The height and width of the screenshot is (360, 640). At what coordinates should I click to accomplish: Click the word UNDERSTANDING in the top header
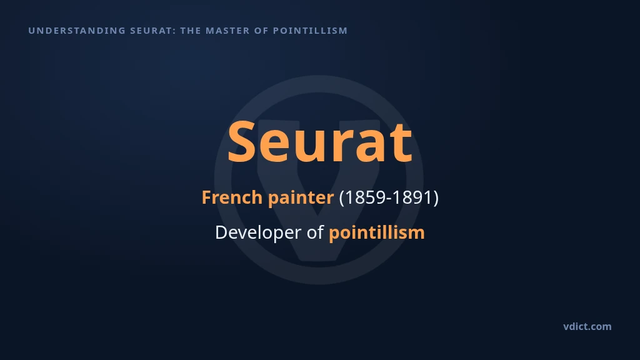pyautogui.click(x=77, y=31)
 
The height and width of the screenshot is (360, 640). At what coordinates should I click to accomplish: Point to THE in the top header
pyautogui.click(x=191, y=31)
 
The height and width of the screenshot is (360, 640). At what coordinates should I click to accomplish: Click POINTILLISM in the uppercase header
pyautogui.click(x=310, y=31)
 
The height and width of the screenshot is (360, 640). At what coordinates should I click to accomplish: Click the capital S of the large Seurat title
pyautogui.click(x=241, y=141)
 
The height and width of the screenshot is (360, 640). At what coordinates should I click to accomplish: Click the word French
pyautogui.click(x=232, y=197)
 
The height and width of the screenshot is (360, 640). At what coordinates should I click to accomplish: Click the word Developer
pyautogui.click(x=258, y=233)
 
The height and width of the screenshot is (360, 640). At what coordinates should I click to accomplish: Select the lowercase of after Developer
pyautogui.click(x=315, y=232)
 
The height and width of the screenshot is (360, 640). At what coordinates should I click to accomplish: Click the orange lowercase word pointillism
pyautogui.click(x=377, y=233)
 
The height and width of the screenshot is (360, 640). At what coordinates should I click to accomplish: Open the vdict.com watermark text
pyautogui.click(x=587, y=326)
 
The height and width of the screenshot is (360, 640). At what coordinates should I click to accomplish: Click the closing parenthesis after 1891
pyautogui.click(x=436, y=198)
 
